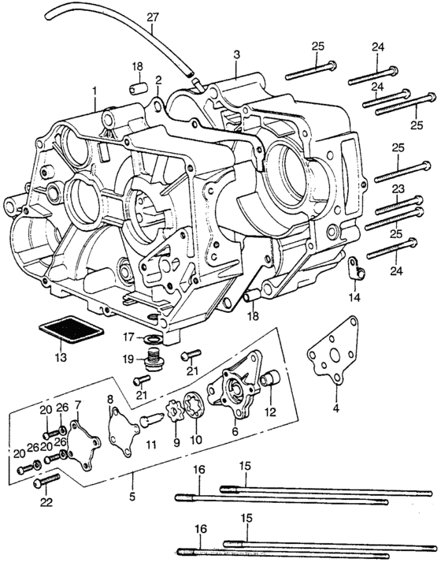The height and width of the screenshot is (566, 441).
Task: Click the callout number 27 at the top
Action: pyautogui.click(x=152, y=17)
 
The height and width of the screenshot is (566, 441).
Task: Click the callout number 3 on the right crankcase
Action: pyautogui.click(x=235, y=54)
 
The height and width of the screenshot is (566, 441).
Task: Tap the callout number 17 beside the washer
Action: pyautogui.click(x=128, y=337)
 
